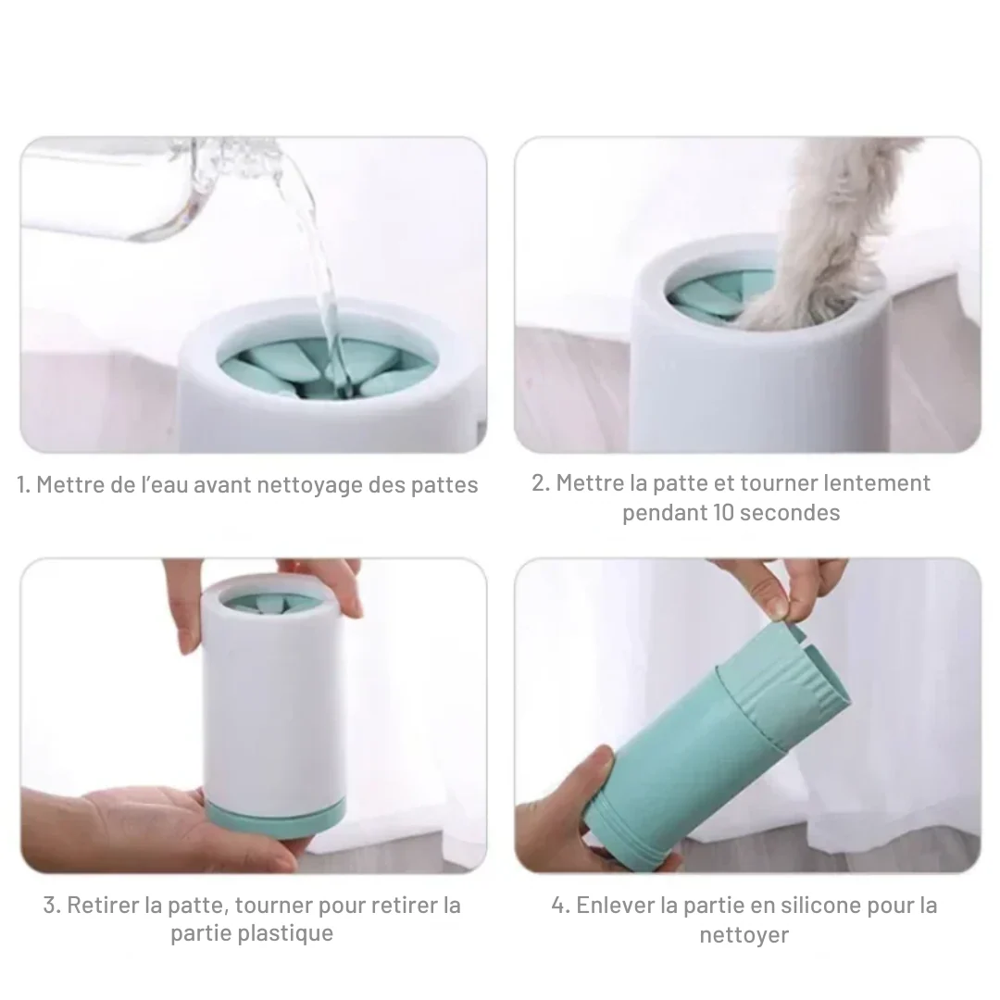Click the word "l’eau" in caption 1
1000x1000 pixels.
[165, 484]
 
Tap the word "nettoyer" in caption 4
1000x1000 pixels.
[744, 935]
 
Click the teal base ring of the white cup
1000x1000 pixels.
[276, 818]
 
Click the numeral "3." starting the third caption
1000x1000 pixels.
[52, 905]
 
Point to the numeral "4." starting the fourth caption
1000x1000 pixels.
[560, 905]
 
